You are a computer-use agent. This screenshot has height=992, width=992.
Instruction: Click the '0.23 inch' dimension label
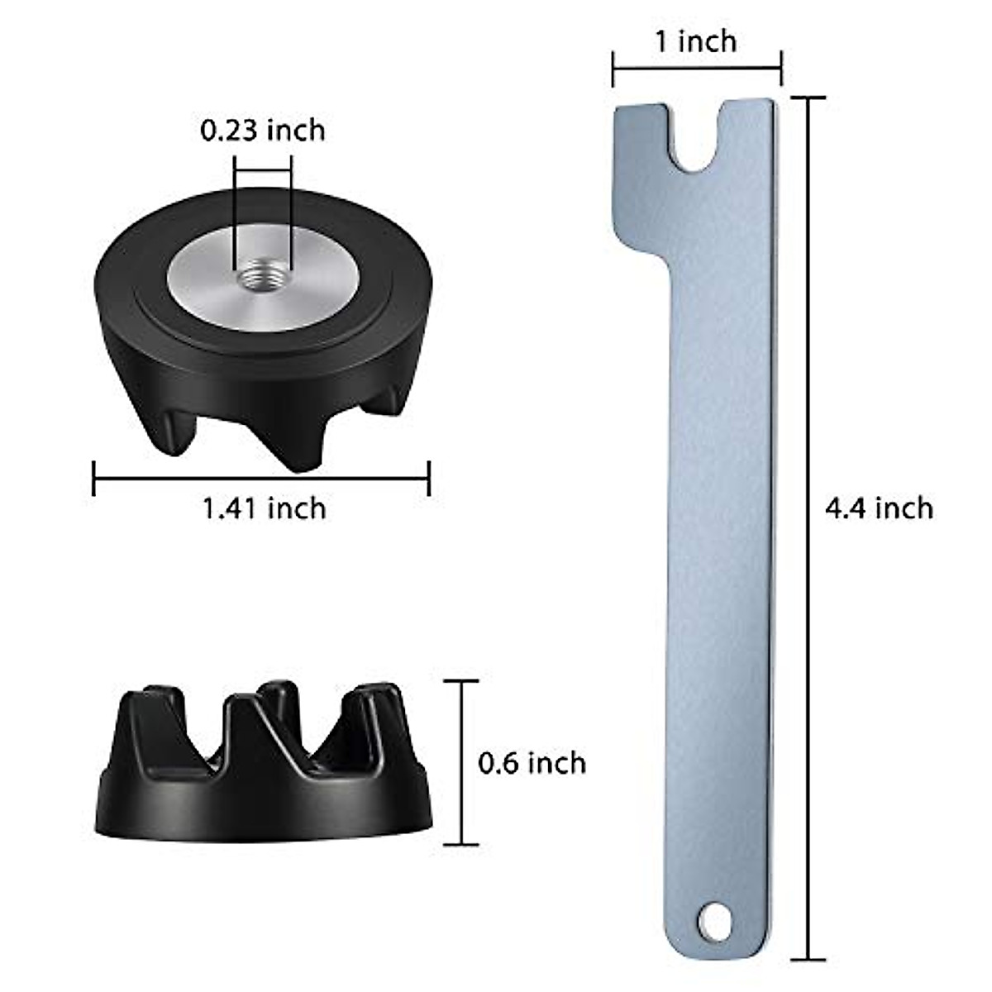263,131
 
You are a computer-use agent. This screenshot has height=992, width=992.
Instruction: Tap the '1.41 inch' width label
264,508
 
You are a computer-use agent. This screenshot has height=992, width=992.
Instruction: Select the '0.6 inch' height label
532,762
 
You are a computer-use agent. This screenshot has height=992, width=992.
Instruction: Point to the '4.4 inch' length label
879,507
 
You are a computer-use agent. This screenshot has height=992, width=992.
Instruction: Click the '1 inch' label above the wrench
696,41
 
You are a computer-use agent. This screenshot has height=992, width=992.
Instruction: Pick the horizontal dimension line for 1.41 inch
261,478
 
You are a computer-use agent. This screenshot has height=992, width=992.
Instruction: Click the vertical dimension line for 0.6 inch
461,761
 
